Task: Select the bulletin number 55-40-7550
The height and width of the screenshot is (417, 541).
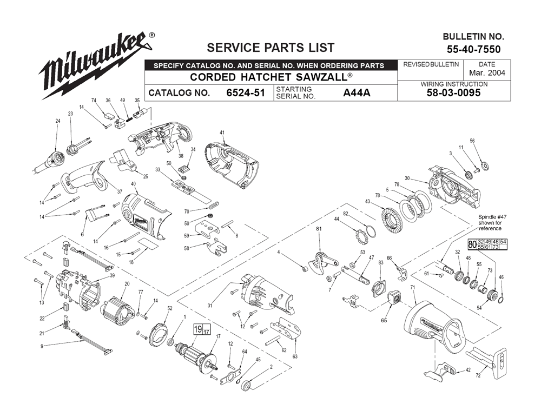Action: pyautogui.click(x=473, y=50)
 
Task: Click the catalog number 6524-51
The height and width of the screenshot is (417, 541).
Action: pyautogui.click(x=245, y=93)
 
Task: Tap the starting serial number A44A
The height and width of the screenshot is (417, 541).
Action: pyautogui.click(x=357, y=93)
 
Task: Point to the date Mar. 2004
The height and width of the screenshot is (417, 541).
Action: pyautogui.click(x=487, y=73)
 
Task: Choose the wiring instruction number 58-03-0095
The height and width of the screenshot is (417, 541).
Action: pyautogui.click(x=453, y=93)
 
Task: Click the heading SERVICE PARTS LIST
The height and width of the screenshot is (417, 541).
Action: pyautogui.click(x=270, y=48)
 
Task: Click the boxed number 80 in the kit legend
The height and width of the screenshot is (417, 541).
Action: pyautogui.click(x=472, y=244)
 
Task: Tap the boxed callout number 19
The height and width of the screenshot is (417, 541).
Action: pyautogui.click(x=197, y=329)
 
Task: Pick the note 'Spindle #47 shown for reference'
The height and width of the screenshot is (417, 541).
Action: pyautogui.click(x=490, y=223)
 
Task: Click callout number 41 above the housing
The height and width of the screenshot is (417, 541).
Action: pyautogui.click(x=222, y=133)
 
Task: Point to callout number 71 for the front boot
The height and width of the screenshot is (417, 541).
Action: pyautogui.click(x=413, y=287)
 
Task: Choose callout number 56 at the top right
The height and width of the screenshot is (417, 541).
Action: pyautogui.click(x=472, y=141)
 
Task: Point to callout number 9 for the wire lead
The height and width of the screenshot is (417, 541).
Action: pyautogui.click(x=42, y=346)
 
